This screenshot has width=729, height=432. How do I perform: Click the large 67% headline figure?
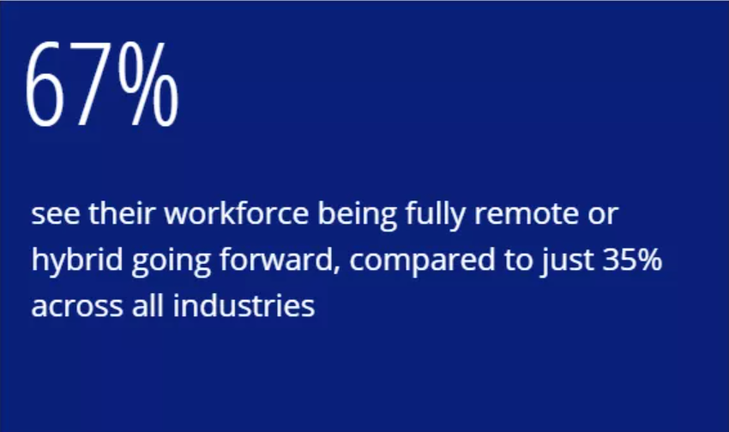pyautogui.click(x=102, y=84)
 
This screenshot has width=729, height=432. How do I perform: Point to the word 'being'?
pyautogui.click(x=357, y=215)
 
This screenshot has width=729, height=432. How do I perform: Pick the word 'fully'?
pyautogui.click(x=435, y=215)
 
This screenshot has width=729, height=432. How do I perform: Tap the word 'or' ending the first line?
pyautogui.click(x=603, y=214)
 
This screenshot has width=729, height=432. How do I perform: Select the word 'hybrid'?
pyautogui.click(x=77, y=261)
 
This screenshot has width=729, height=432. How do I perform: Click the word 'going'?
pyautogui.click(x=172, y=261)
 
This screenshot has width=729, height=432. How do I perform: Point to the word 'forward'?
pyautogui.click(x=280, y=260)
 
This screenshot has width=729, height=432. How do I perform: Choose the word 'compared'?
pyautogui.click(x=423, y=261)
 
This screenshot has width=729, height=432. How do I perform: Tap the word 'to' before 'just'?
pyautogui.click(x=518, y=260)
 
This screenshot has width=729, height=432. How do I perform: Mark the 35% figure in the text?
pyautogui.click(x=632, y=260)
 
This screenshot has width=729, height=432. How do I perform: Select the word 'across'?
pyautogui.click(x=77, y=307)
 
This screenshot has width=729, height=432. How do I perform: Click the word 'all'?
pyautogui.click(x=148, y=305)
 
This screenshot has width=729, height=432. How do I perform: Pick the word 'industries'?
pyautogui.click(x=244, y=305)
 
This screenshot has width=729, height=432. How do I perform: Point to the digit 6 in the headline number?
pyautogui.click(x=45, y=85)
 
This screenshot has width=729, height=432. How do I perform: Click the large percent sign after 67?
pyautogui.click(x=148, y=84)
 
